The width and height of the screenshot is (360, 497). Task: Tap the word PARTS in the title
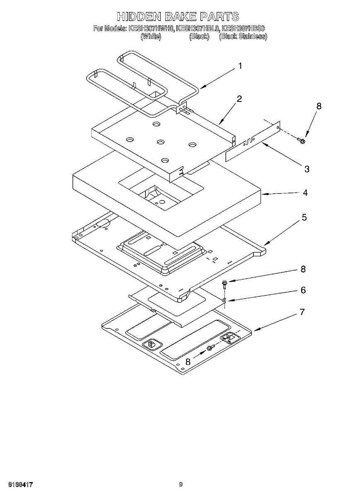(220, 17)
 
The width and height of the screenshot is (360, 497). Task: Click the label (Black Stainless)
(243, 36)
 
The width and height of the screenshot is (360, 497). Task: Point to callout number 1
(240, 66)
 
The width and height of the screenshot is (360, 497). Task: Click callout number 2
(239, 99)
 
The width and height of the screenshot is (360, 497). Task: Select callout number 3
(307, 169)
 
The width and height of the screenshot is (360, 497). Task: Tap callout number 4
(305, 193)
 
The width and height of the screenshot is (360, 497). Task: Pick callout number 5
(304, 217)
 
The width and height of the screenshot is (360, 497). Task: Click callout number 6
(303, 290)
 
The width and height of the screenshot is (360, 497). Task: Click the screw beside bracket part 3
(302, 141)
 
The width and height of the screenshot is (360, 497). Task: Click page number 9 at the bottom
(181, 484)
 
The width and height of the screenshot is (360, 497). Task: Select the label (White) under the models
(151, 36)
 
